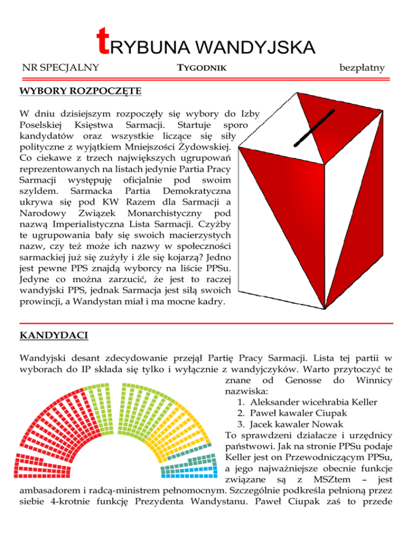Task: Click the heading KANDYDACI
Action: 51,336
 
